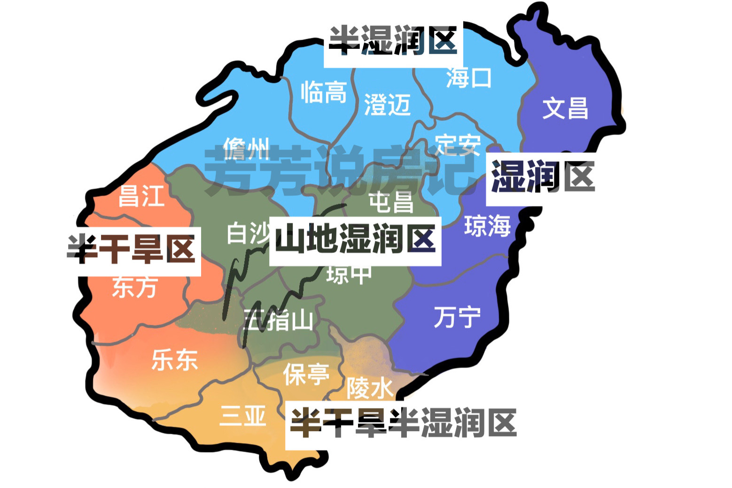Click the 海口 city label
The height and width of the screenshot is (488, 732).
pos(468,78)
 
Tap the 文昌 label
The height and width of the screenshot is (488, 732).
pos(565,108)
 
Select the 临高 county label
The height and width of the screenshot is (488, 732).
pos(324,92)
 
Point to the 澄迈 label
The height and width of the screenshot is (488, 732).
pos(387,104)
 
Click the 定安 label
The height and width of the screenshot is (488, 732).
pos(458,144)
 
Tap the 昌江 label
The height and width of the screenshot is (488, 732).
pos(141,196)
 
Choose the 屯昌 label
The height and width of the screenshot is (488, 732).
pos(391,203)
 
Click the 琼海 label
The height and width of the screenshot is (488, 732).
pos(487,226)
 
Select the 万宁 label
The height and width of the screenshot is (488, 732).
pos(457,317)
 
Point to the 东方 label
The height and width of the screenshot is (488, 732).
pos(134,287)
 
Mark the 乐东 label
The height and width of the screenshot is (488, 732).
pos(174,360)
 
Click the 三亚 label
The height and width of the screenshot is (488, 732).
pos(243,416)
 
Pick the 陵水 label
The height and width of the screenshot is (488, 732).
pos(370,388)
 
